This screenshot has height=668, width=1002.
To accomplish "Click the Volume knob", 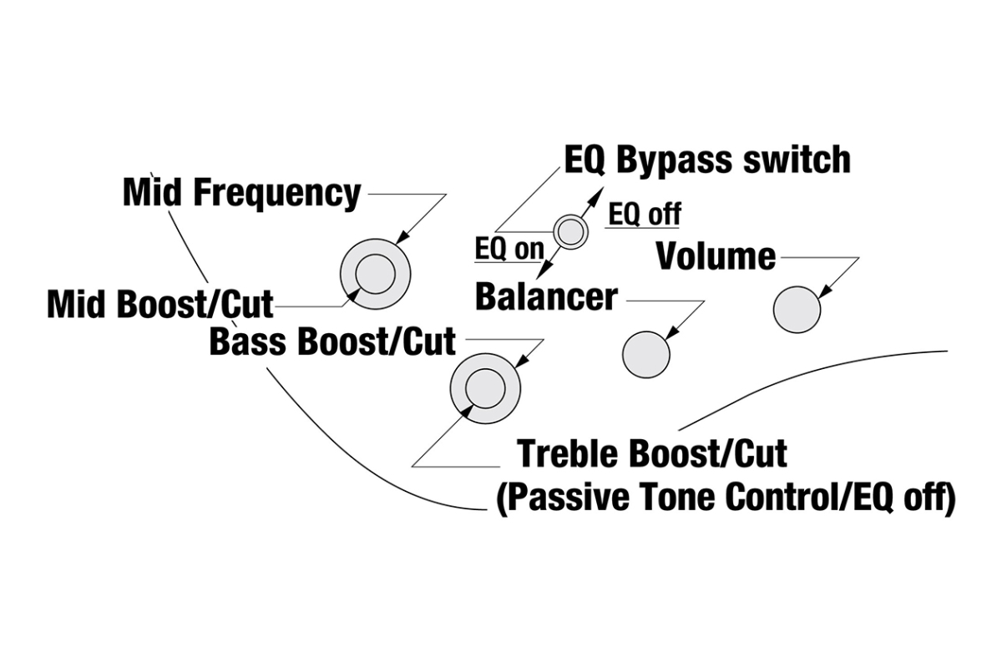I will coord(797,309).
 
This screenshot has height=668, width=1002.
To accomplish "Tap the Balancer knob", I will coord(645,354).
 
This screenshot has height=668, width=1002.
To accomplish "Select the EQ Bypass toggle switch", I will coord(571,231).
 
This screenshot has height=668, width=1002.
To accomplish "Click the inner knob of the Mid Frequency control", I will coord(375,274).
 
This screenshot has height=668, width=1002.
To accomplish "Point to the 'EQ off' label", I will coord(644,214).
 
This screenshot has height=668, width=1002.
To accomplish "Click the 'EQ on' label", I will coord(509,248).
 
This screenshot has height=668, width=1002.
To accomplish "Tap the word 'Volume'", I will coord(716,256).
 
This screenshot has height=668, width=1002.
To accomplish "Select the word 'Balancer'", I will coord(546,296).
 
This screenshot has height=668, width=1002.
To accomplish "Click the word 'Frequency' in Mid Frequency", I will coord(278,193).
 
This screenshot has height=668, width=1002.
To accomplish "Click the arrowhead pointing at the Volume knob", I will coord(823,293).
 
